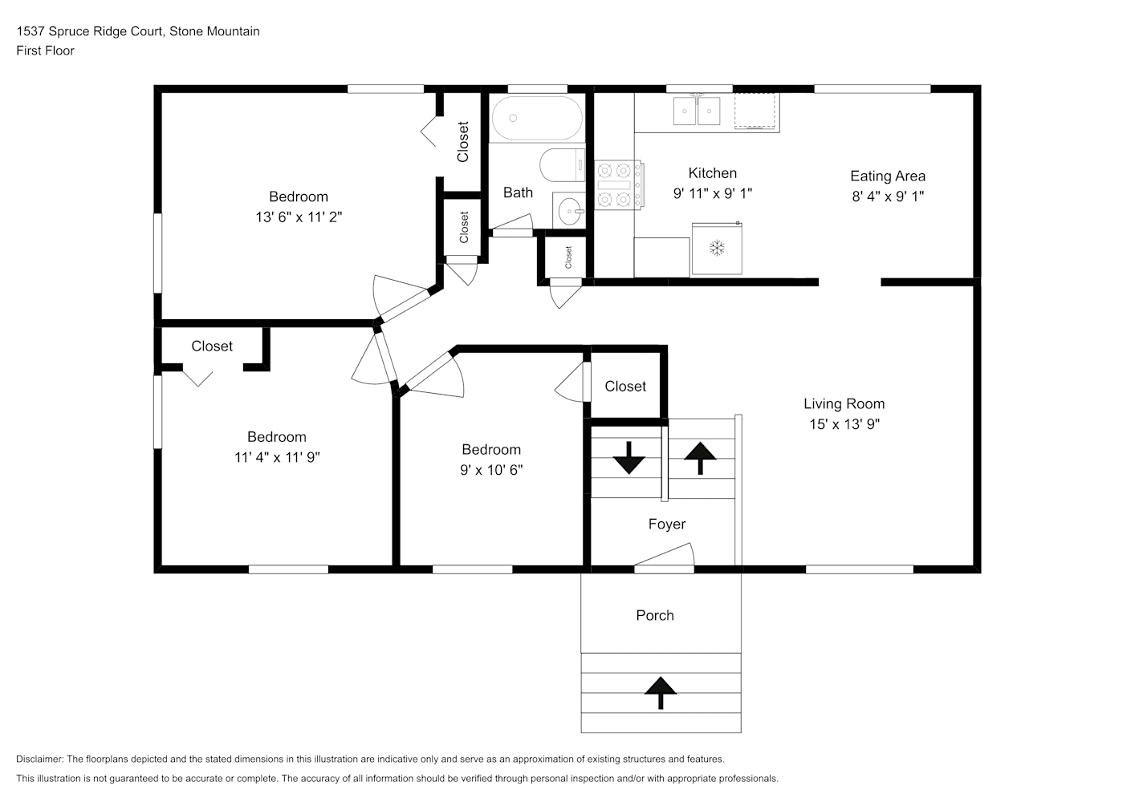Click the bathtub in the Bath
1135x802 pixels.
coord(537,118)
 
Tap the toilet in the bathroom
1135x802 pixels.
coord(563,165)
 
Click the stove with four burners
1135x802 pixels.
coord(618,184)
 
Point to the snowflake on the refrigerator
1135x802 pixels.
coord(717,248)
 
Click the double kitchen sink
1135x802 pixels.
coord(697,111)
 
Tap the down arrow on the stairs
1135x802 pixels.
coord(629,458)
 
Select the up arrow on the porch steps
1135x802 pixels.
coord(661,693)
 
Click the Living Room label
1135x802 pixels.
coord(844,403)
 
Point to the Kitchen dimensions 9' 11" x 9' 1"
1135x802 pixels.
coord(713,193)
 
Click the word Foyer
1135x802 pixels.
coord(667,524)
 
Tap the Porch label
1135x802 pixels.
coord(655,615)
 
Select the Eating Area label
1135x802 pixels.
coord(888,176)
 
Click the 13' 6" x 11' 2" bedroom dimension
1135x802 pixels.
coord(299,217)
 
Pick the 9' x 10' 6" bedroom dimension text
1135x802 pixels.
coord(491,470)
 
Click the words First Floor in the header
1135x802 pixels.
coord(45,51)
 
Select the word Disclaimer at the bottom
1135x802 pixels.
coord(39,759)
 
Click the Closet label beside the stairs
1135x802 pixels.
coord(625,387)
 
